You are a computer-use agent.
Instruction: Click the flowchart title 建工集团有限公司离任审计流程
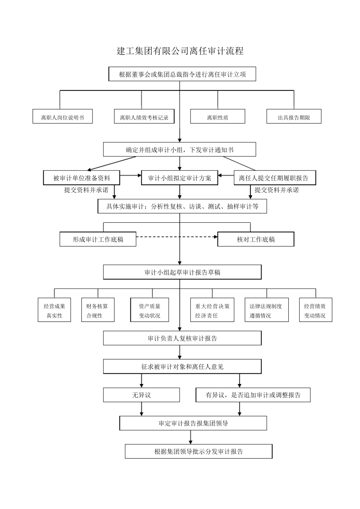coord(180,51)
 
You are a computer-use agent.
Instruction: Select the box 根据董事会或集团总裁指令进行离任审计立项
coord(182,74)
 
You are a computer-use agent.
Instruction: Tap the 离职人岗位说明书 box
coord(63,117)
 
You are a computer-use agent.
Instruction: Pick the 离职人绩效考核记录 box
coord(144,117)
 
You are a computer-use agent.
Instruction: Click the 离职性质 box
coord(218,117)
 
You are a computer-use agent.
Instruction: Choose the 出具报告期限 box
coord(294,117)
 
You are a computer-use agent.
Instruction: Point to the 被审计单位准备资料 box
coord(82,178)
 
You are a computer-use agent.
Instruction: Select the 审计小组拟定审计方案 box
coord(180,178)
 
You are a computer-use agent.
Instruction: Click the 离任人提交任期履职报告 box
coord(274,178)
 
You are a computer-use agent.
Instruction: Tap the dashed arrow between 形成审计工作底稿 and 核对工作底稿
coord(177,237)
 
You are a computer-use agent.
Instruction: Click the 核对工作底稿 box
coord(256,239)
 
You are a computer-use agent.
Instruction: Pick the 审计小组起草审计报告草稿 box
coord(182,272)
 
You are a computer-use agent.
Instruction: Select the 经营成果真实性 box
coord(54,311)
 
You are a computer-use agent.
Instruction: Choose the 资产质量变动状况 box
coord(149,311)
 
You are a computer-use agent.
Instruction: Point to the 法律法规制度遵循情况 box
coord(266,311)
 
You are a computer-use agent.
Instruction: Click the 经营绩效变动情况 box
coord(315,311)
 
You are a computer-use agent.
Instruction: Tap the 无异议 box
coord(141,395)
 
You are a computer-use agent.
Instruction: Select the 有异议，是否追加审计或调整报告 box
coord(253,395)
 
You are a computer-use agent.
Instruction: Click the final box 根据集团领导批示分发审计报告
coord(199,451)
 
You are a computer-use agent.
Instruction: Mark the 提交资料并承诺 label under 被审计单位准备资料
coord(86,190)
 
